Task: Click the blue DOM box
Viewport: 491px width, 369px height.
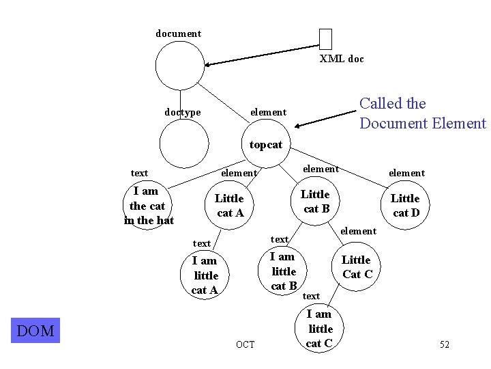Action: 35,331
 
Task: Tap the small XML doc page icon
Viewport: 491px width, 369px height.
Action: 325,39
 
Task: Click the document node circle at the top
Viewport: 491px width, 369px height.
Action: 179,66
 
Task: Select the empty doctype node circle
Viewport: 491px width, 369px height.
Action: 184,143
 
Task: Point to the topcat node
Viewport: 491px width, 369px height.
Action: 266,144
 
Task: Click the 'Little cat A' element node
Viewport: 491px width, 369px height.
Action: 230,206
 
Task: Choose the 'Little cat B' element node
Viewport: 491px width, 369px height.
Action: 315,202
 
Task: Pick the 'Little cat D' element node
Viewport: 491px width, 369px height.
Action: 405,205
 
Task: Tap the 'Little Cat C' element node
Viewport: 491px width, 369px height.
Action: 356,267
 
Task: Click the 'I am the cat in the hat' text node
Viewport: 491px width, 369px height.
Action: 149,206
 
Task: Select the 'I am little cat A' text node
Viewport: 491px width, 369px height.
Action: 205,275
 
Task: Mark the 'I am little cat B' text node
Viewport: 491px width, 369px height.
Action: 283,271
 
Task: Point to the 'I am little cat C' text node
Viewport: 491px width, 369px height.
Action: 319,329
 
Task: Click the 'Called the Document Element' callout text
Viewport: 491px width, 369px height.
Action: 422,113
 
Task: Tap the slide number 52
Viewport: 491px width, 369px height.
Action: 444,345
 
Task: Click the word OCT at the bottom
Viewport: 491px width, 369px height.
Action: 245,344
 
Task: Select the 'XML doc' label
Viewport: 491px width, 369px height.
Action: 342,59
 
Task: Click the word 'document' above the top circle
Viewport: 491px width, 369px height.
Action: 179,33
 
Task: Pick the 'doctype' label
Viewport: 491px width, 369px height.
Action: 183,112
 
